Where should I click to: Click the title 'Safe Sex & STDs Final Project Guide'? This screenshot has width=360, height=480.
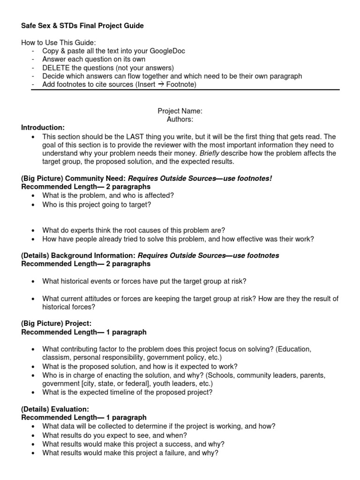pyautogui.click(x=82, y=26)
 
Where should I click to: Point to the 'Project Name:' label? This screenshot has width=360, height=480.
pyautogui.click(x=180, y=111)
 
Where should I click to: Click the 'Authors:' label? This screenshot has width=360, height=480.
pyautogui.click(x=180, y=120)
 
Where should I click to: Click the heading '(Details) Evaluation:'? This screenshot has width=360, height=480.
pyautogui.click(x=55, y=409)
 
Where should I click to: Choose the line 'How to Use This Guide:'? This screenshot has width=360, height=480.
pyautogui.click(x=58, y=42)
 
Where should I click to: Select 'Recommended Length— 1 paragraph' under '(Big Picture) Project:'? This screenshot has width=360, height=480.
pyautogui.click(x=84, y=332)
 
